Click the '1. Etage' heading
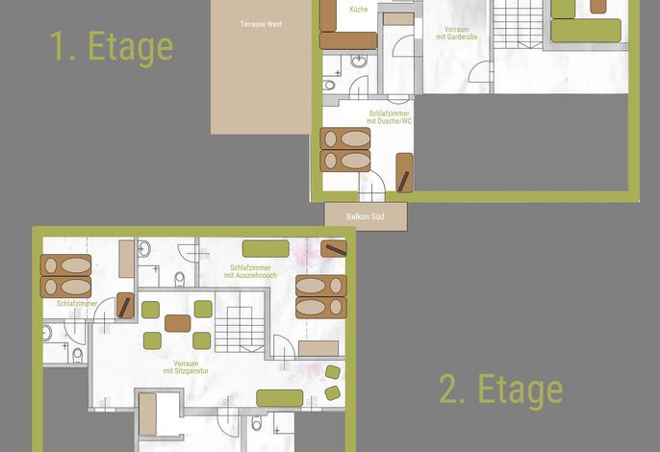click(x=112, y=47)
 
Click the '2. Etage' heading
click(x=501, y=389)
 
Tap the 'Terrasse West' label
click(x=261, y=24)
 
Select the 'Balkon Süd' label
click(x=366, y=216)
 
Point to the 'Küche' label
click(x=359, y=10)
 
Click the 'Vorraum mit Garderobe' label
click(x=457, y=34)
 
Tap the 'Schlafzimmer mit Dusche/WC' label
click(x=390, y=117)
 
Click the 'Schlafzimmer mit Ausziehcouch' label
click(x=250, y=271)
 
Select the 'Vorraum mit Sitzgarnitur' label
click(x=186, y=367)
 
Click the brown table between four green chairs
click(x=178, y=323)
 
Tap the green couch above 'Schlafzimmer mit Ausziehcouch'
click(x=266, y=249)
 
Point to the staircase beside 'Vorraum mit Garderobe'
click(x=519, y=24)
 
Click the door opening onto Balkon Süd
click(x=371, y=187)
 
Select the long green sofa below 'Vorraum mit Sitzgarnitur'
click(x=280, y=398)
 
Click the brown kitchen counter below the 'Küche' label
click(x=348, y=40)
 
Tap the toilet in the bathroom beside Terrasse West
click(x=329, y=86)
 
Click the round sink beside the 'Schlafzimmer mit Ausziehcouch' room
click(x=144, y=249)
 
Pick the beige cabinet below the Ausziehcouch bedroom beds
click(x=318, y=348)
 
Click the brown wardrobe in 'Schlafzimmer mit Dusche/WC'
click(x=404, y=173)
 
